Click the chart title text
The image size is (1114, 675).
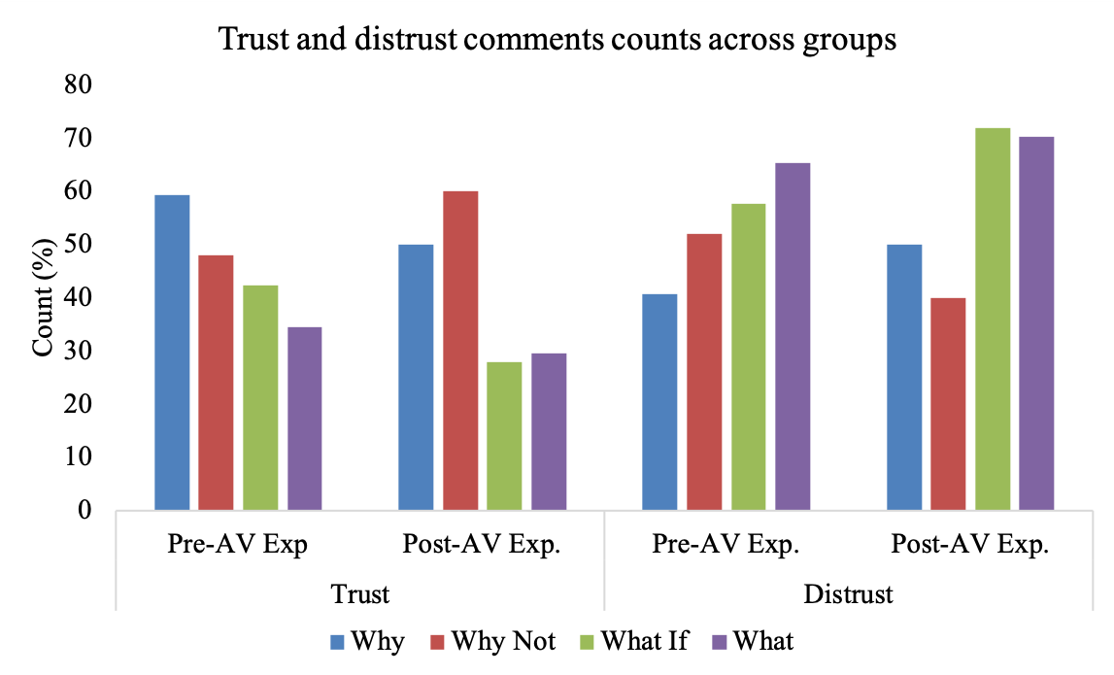tap(557, 40)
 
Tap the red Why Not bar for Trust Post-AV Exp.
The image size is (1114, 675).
tap(460, 350)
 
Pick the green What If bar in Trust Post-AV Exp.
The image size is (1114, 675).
tap(504, 435)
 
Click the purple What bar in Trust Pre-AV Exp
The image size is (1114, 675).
tap(304, 418)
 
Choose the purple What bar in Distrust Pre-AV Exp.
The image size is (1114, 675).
tap(793, 336)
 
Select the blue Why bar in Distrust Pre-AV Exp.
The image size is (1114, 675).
tap(659, 401)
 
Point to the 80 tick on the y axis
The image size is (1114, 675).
tap(80, 85)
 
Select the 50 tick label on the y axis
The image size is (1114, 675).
tap(80, 245)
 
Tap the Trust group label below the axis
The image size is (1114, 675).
tap(360, 593)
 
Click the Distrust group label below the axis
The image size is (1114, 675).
tap(848, 593)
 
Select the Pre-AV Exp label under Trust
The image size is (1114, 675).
tap(238, 544)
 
